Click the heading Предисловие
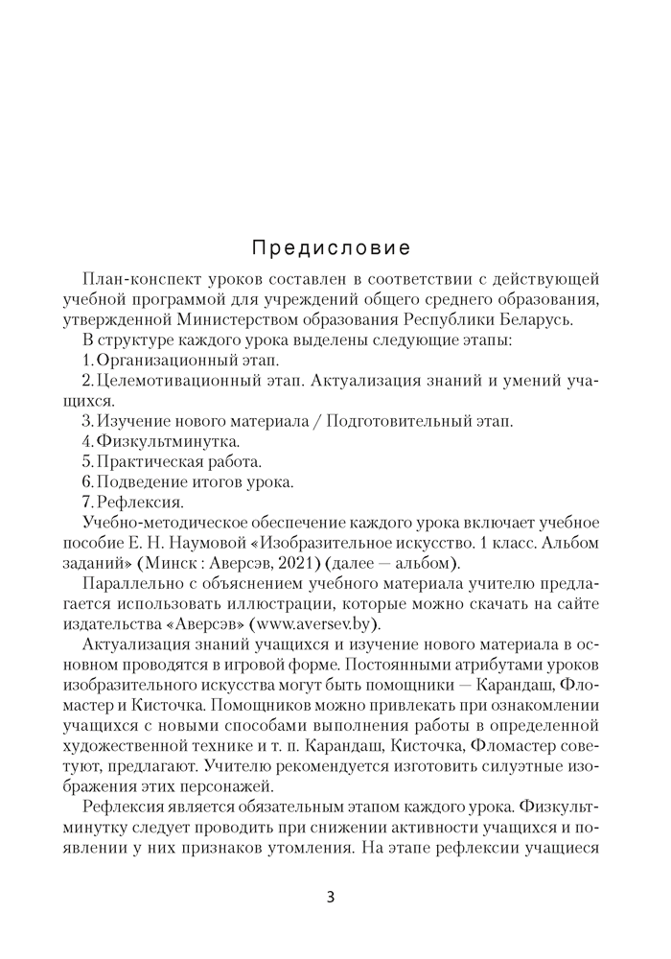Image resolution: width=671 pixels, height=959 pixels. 332,248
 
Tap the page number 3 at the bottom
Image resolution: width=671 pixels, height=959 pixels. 331,898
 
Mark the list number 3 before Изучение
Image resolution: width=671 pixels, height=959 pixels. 87,421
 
